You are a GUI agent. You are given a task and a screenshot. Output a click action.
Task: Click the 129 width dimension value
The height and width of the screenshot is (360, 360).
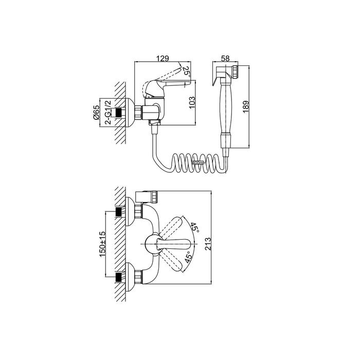(x=163, y=58)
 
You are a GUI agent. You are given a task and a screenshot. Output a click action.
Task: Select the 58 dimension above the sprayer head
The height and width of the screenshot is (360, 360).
(x=225, y=58)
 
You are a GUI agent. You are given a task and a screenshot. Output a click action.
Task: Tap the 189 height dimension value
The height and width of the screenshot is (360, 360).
(x=246, y=106)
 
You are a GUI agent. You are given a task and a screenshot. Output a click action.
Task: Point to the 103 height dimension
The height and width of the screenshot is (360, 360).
(x=192, y=102)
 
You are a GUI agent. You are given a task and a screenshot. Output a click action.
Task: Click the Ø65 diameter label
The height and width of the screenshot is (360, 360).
(x=96, y=112)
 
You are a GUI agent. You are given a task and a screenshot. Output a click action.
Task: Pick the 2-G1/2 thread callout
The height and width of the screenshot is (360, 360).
(x=108, y=113)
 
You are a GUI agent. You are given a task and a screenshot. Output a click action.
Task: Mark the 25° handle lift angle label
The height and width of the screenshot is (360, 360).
(x=186, y=71)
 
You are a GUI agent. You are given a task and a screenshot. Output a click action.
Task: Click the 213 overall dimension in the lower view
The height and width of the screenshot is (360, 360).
(x=208, y=244)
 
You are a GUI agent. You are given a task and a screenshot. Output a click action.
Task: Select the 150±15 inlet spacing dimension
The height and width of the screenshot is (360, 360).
(x=102, y=244)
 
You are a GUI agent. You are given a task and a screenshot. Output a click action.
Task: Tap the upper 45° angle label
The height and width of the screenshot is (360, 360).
(x=194, y=227)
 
